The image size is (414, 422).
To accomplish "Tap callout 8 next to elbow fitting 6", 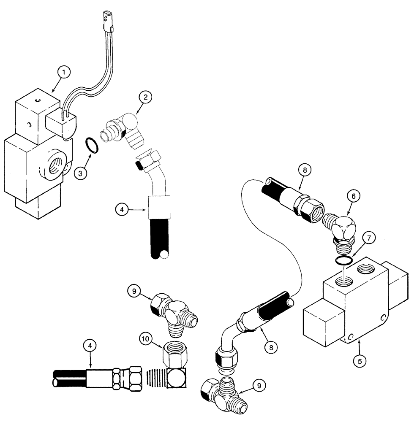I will [x=305, y=170].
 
